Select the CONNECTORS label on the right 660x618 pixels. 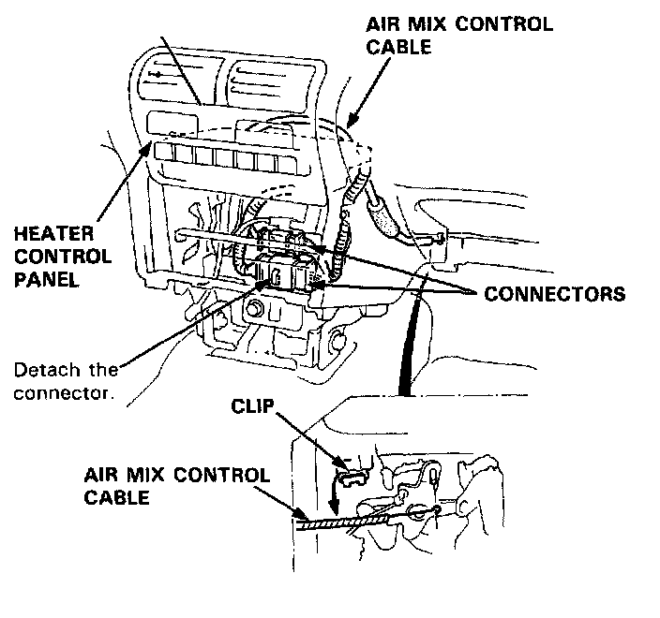[554, 294]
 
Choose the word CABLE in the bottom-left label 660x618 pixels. [117, 497]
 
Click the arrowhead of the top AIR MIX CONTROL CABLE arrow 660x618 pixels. [349, 125]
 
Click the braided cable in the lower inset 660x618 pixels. [347, 521]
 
